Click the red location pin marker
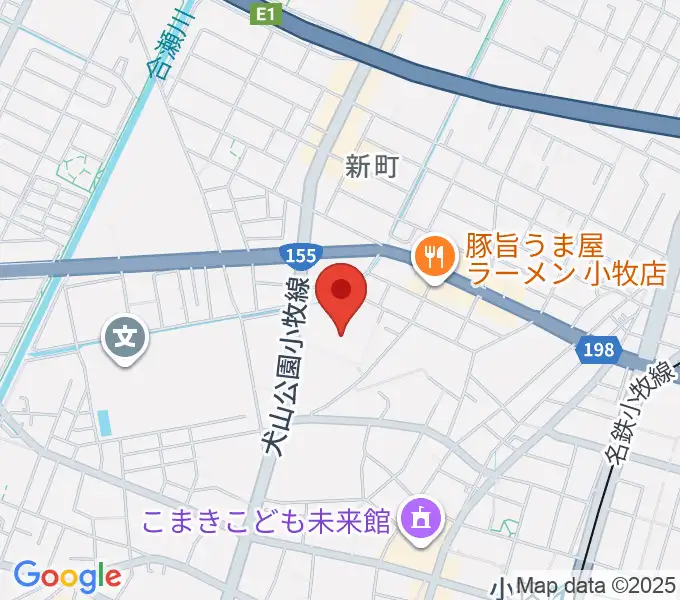tap(341, 296)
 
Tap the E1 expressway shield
tap(264, 13)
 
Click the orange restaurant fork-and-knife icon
tap(434, 257)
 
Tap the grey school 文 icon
tap(126, 337)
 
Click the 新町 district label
tap(372, 167)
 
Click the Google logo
tap(67, 575)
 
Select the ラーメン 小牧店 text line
tap(566, 273)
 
